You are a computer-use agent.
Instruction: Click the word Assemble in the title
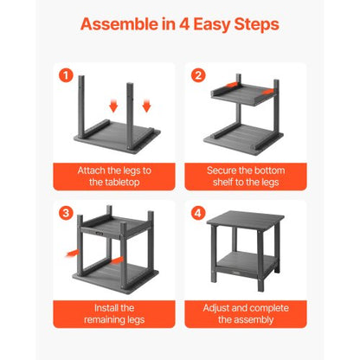click(119, 24)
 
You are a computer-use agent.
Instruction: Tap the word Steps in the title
click(256, 24)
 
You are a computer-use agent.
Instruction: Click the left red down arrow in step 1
click(112, 106)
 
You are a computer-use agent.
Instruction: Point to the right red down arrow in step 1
click(147, 106)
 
